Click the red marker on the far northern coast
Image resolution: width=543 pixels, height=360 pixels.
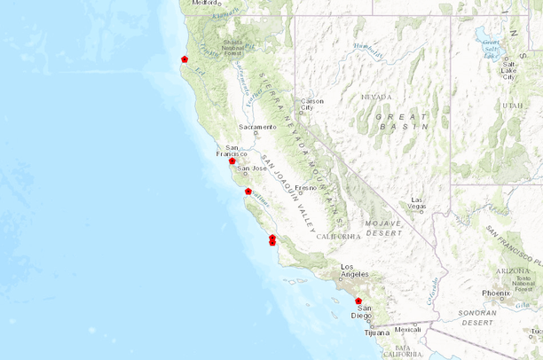(x=185, y=59)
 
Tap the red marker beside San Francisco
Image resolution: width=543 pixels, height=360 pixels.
(x=232, y=161)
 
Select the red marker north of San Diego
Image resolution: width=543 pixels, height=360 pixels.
(x=358, y=301)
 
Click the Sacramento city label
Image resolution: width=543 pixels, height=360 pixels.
(x=257, y=127)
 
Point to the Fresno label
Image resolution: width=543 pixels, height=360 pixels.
(x=305, y=188)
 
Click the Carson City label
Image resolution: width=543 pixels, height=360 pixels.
(x=313, y=105)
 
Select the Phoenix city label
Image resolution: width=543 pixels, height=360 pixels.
(x=496, y=293)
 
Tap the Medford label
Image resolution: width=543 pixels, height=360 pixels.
(x=204, y=4)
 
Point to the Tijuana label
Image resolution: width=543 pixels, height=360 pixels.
(x=377, y=333)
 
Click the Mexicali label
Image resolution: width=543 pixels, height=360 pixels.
(x=408, y=329)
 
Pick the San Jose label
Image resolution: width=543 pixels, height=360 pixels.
(x=255, y=168)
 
